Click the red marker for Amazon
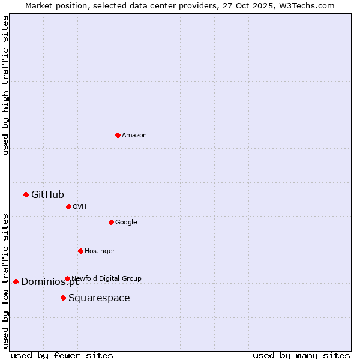click(118, 135)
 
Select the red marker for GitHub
click(26, 194)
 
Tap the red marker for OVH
click(68, 206)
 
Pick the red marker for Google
click(111, 222)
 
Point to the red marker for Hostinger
click(80, 251)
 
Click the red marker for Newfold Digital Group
click(67, 278)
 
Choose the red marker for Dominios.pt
click(16, 281)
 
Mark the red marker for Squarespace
click(63, 298)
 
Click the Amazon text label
click(134, 135)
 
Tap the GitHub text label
click(47, 194)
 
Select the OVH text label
click(80, 206)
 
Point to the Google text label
click(126, 222)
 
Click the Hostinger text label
click(100, 251)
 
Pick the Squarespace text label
click(99, 298)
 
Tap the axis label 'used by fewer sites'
click(62, 355)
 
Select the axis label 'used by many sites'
click(301, 355)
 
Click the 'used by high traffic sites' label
click(5, 85)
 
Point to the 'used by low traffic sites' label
click(5, 281)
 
